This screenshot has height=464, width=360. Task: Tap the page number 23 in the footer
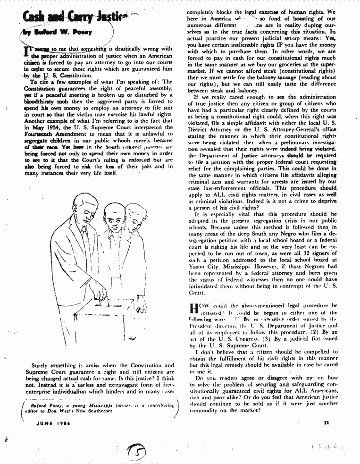pos(326,422)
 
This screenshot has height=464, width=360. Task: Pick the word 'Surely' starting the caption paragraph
pos(39,365)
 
